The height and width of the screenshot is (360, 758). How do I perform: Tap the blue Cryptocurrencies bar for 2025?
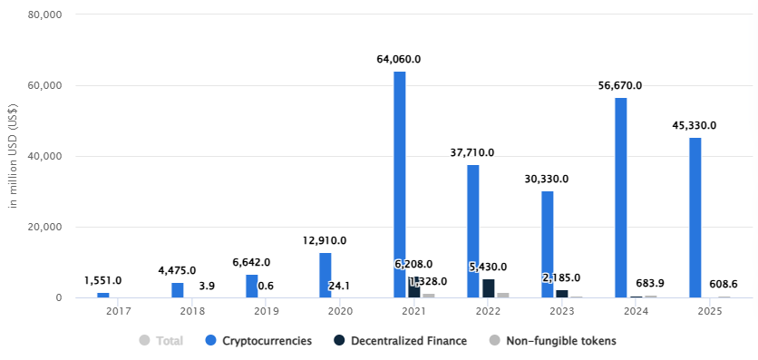[695, 217]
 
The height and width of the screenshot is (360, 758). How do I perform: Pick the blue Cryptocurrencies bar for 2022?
[473, 230]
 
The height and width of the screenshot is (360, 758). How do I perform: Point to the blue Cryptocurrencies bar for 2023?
[548, 244]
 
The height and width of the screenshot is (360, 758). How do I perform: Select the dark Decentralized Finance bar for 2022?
[489, 287]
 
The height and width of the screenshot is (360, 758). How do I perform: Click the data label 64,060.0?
[399, 59]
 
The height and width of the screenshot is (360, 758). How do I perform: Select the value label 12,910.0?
[325, 240]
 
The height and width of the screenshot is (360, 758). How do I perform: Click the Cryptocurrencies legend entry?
[258, 341]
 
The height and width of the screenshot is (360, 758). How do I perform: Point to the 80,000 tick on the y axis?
[44, 15]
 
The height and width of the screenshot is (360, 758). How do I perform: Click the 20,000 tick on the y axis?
[44, 227]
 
